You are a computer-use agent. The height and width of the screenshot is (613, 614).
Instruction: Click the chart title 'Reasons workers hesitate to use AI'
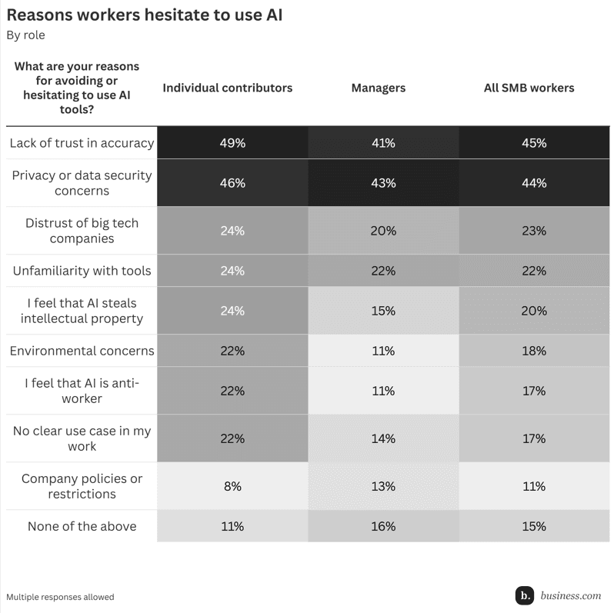(x=145, y=15)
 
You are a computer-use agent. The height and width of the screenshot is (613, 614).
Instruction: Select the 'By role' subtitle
(x=25, y=35)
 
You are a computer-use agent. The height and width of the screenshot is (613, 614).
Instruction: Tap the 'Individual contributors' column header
(x=227, y=88)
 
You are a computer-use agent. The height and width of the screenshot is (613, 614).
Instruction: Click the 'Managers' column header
(x=378, y=88)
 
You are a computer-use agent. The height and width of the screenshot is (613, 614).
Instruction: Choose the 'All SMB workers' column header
(x=529, y=88)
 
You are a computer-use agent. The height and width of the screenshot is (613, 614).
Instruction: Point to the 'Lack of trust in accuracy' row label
(x=82, y=143)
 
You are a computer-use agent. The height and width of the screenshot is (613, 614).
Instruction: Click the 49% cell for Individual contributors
(x=232, y=143)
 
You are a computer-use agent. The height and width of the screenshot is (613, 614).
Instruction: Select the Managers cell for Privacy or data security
(x=382, y=183)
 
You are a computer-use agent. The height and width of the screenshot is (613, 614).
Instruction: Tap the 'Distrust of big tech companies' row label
(x=82, y=231)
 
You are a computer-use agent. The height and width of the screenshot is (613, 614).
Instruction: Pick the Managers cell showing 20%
(x=382, y=231)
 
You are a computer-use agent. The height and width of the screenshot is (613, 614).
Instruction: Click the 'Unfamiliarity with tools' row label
(x=82, y=271)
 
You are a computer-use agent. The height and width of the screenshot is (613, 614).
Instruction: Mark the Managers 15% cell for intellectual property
(x=382, y=311)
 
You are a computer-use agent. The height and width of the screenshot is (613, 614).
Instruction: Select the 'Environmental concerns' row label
(x=82, y=351)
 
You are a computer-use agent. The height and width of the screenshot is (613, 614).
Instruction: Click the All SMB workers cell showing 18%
(x=533, y=351)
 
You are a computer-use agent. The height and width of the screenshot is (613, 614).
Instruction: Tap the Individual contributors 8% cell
(x=232, y=486)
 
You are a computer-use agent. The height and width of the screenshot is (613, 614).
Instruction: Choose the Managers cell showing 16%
(x=382, y=526)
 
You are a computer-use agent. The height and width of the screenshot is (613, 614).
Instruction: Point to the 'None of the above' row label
(x=82, y=526)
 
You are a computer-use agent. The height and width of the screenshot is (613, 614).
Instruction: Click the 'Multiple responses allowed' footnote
(x=60, y=597)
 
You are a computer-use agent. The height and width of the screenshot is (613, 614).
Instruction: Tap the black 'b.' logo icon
(x=525, y=595)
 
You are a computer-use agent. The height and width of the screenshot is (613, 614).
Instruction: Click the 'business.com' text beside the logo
(x=570, y=595)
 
